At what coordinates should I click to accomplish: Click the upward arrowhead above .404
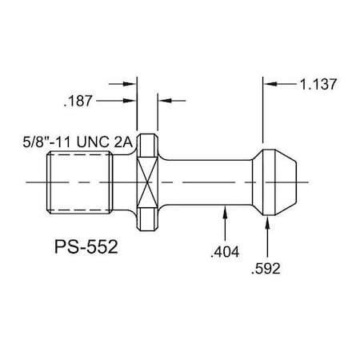(227, 210)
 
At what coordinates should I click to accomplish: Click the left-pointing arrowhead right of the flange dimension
(161, 101)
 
